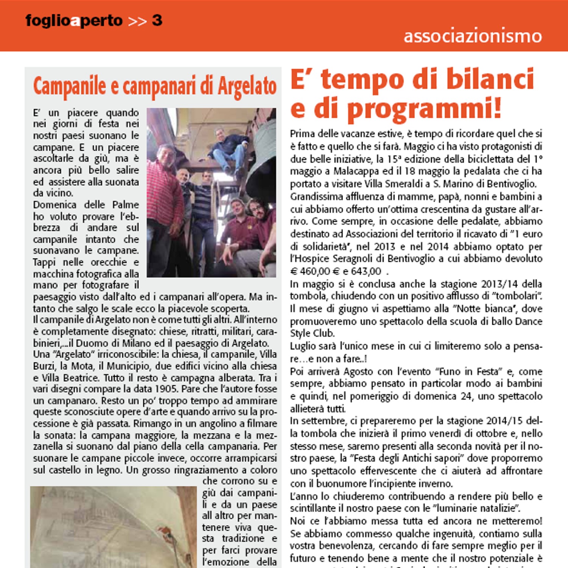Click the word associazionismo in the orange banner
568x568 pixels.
pos(473,36)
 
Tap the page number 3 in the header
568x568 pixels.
pos(157,20)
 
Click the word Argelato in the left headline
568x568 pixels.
pos(247,87)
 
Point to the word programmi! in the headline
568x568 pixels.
pos(424,109)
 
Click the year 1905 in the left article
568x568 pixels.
pos(167,389)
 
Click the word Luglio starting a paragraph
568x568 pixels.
pos(303,346)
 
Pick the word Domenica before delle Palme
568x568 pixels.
pos(54,205)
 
